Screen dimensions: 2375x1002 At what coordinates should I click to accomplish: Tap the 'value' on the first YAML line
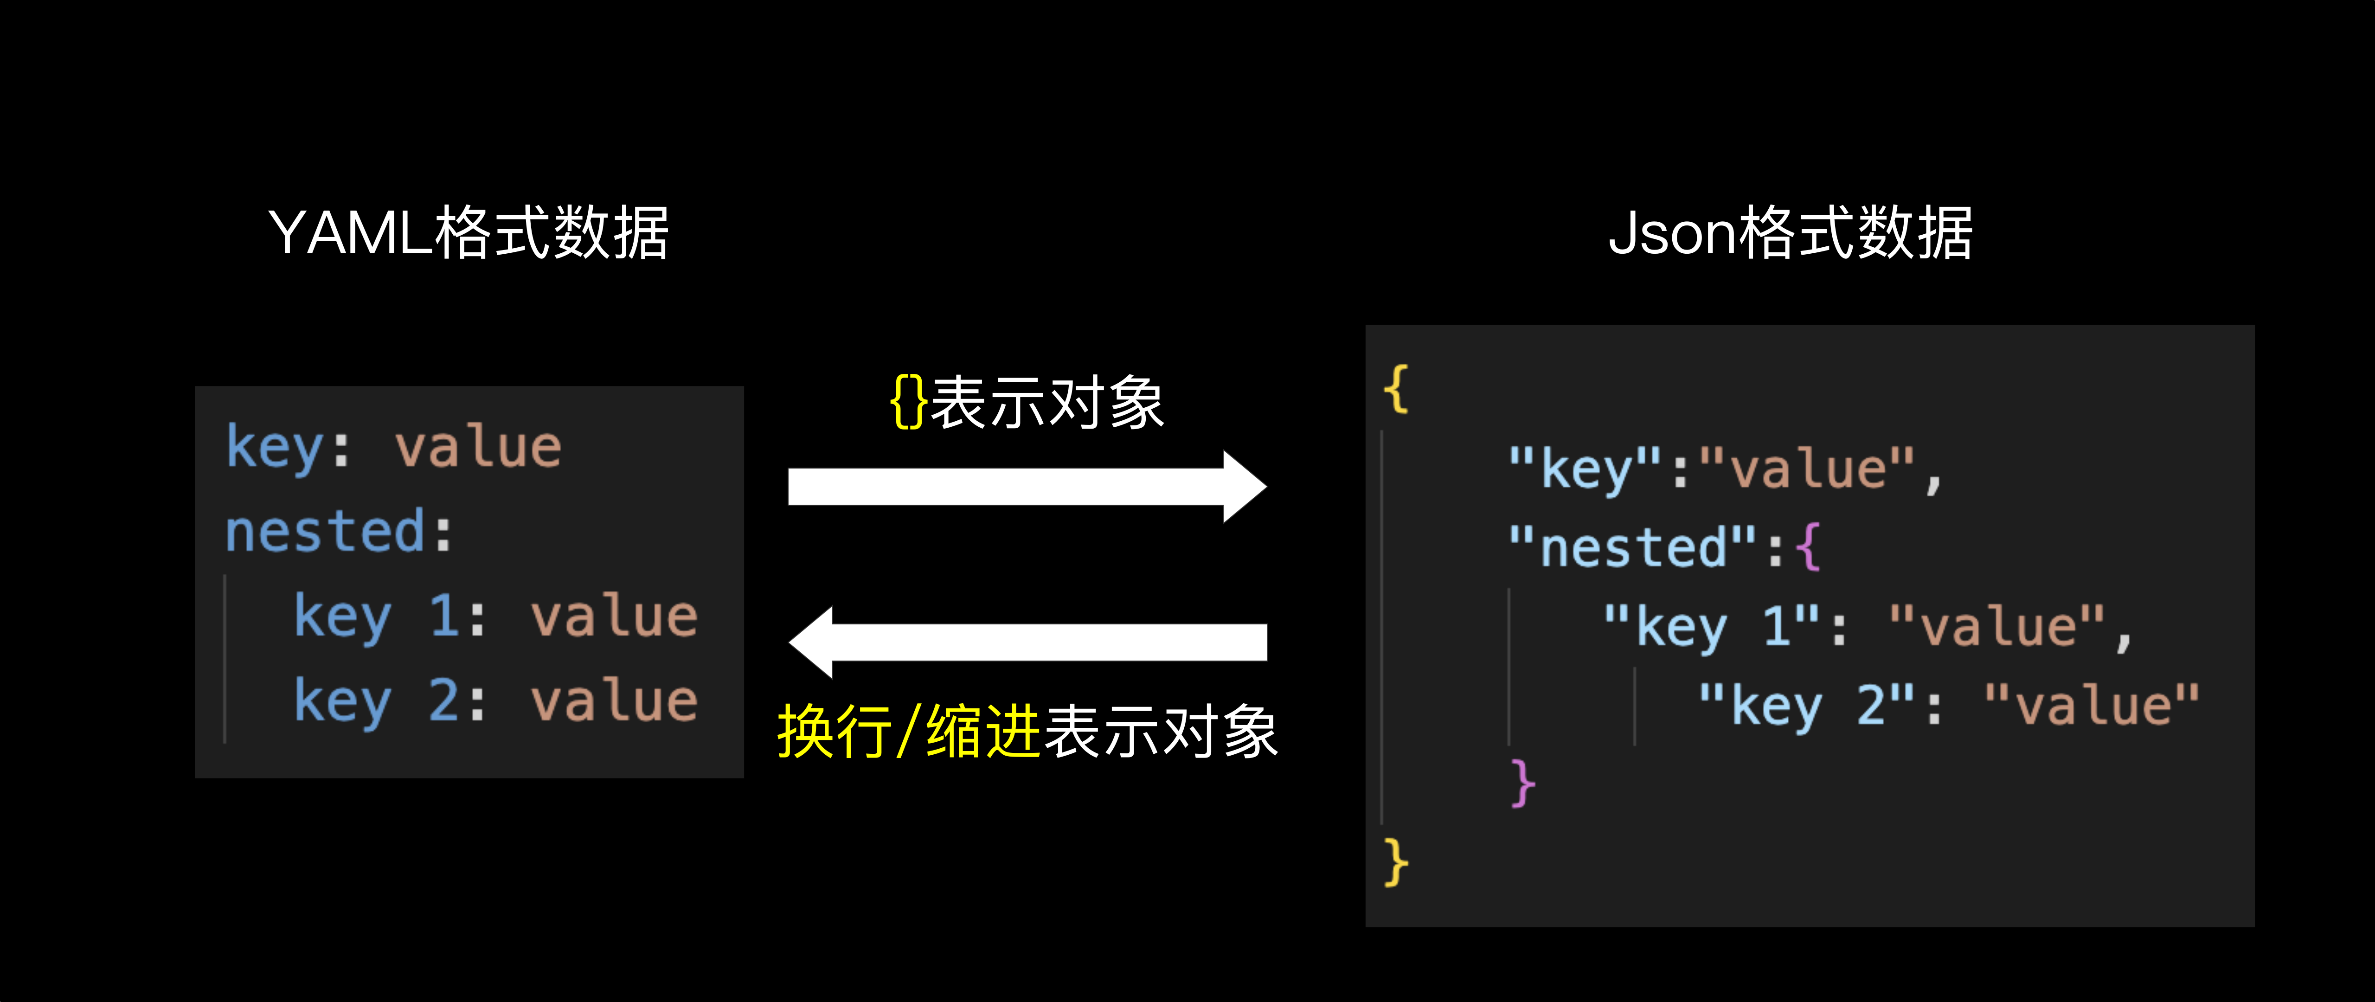click(478, 448)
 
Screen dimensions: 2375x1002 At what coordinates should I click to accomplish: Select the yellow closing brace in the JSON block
click(1396, 863)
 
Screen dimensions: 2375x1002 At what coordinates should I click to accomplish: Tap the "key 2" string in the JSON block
click(1807, 706)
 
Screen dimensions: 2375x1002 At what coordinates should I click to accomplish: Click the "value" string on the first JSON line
click(1807, 468)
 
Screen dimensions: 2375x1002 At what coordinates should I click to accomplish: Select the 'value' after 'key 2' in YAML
click(614, 700)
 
